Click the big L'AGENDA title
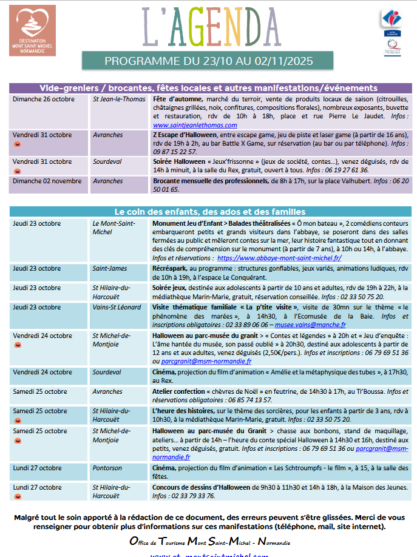point(211,28)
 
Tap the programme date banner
point(208,61)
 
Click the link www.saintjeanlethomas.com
point(186,124)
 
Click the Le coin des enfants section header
point(210,211)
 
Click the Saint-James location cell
point(110,269)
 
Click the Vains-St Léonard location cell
point(117,308)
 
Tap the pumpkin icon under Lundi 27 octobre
point(17,496)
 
